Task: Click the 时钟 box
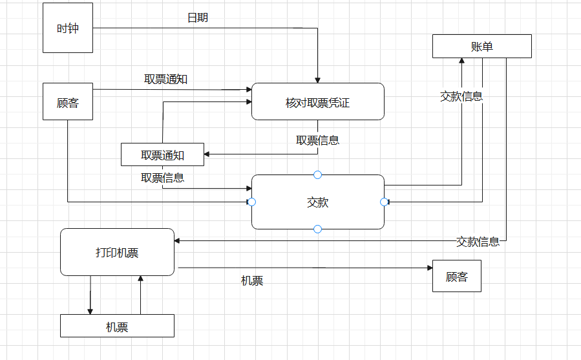(x=68, y=28)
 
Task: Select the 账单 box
(x=482, y=47)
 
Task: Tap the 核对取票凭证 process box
(x=317, y=101)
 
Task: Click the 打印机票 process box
(x=117, y=252)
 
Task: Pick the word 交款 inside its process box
(x=317, y=202)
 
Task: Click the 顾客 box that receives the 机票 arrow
(x=456, y=277)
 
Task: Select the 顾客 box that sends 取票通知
(x=68, y=102)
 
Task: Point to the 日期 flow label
(x=198, y=17)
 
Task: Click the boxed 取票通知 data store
(x=162, y=154)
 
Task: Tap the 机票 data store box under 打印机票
(x=117, y=326)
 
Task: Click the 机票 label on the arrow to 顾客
(x=252, y=281)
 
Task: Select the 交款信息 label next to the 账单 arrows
(x=461, y=97)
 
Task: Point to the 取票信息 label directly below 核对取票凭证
(x=317, y=140)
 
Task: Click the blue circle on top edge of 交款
(x=317, y=175)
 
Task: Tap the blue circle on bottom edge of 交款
(x=317, y=229)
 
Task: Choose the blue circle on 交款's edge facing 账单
(x=385, y=202)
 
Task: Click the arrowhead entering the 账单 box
(x=461, y=61)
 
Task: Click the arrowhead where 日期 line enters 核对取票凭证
(x=317, y=80)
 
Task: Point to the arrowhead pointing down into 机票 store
(x=90, y=311)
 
